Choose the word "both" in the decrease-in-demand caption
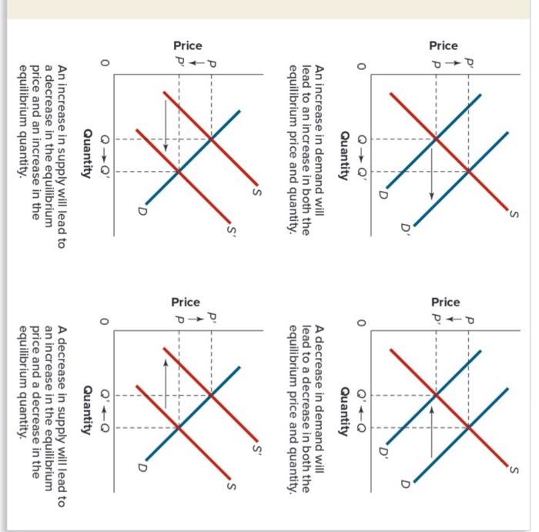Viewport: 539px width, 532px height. (x=308, y=463)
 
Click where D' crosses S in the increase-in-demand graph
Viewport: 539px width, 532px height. (x=468, y=171)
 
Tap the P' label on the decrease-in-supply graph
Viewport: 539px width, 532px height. (x=210, y=316)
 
